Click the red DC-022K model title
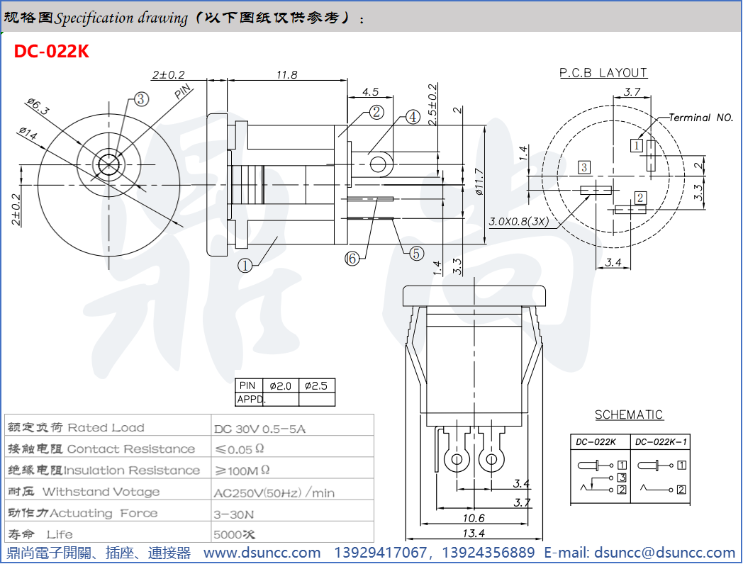tap(52, 52)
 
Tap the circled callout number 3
tap(141, 99)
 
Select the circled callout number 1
tap(245, 266)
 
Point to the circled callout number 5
tap(415, 253)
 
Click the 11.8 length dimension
tap(287, 74)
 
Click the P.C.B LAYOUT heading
tap(603, 72)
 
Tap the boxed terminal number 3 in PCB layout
tap(583, 167)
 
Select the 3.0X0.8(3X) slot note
tap(519, 221)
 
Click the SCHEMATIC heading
tap(629, 414)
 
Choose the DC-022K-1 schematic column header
tap(661, 441)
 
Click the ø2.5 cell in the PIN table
tap(316, 386)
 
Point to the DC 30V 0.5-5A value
tap(260, 429)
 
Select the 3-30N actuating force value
tap(233, 514)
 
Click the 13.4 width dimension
tap(473, 533)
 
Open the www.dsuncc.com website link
tap(262, 553)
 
